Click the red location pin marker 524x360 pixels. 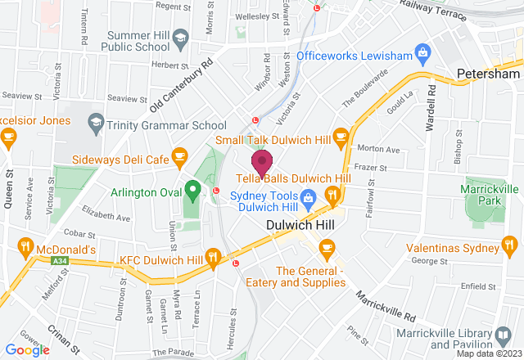pos(262,161)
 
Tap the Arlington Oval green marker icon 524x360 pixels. pos(192,191)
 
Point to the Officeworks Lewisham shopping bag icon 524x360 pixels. pos(423,55)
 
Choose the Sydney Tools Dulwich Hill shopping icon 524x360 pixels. pos(308,197)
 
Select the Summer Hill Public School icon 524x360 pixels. pos(181,37)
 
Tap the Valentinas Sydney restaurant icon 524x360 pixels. pos(510,245)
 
